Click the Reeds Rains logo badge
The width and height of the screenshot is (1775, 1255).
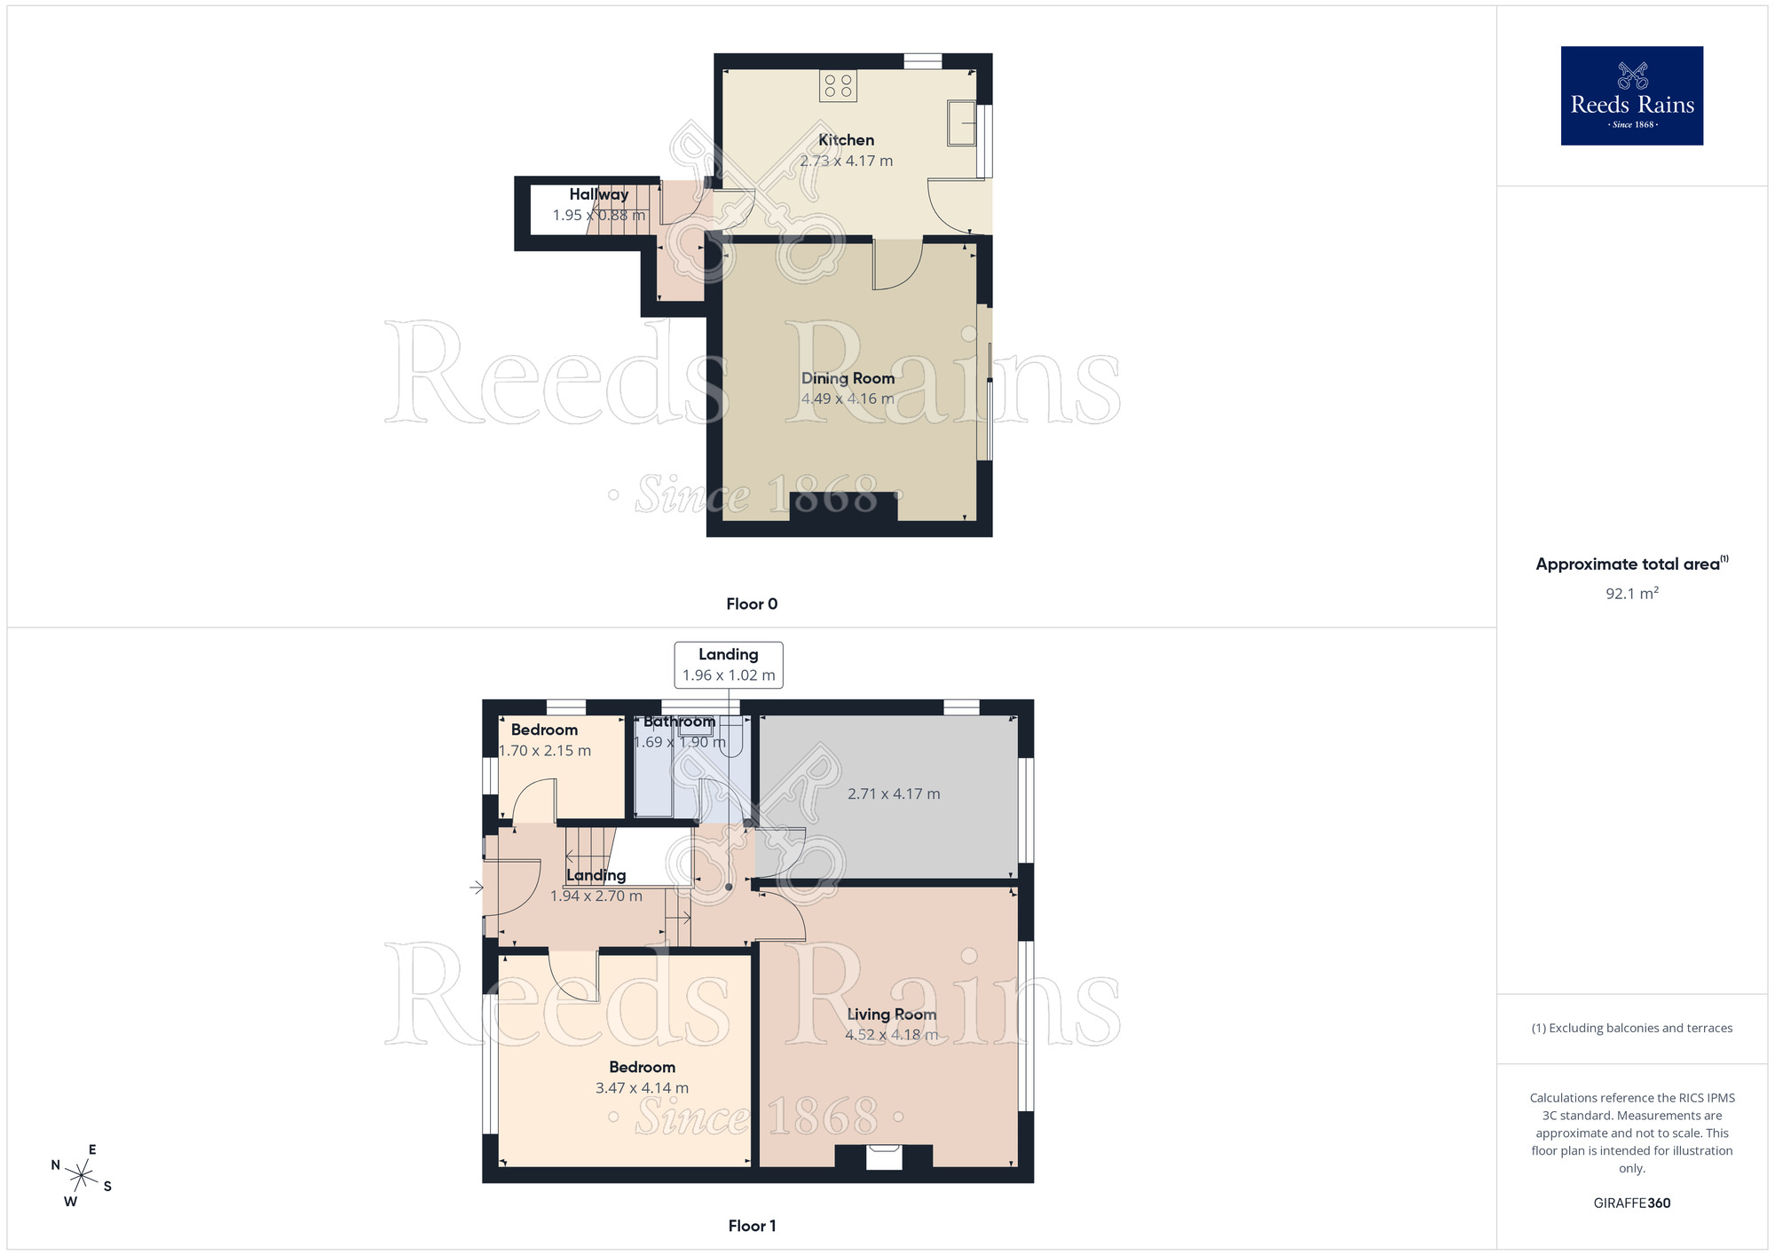pyautogui.click(x=1631, y=96)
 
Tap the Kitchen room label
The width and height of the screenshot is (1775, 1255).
pyautogui.click(x=846, y=140)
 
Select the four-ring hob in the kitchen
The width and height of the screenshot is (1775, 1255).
pyautogui.click(x=838, y=85)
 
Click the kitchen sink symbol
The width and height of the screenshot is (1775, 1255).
pyautogui.click(x=961, y=122)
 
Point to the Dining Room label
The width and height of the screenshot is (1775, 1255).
pyautogui.click(x=848, y=378)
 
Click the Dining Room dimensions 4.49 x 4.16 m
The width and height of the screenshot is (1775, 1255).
pyautogui.click(x=848, y=399)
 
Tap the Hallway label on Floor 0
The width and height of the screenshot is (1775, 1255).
pyautogui.click(x=599, y=194)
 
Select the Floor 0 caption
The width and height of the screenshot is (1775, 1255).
pyautogui.click(x=752, y=604)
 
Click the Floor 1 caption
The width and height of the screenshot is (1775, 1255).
pyautogui.click(x=752, y=1226)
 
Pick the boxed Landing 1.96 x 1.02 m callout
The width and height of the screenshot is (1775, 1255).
pyautogui.click(x=729, y=665)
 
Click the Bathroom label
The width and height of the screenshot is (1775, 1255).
pyautogui.click(x=679, y=722)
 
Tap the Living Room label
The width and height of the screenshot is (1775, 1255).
pyautogui.click(x=891, y=1014)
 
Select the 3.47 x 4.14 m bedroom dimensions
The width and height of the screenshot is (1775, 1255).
pyautogui.click(x=642, y=1088)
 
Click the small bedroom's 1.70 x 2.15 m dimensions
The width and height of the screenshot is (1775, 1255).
pyautogui.click(x=545, y=751)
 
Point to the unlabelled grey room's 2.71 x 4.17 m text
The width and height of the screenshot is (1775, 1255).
pyautogui.click(x=894, y=793)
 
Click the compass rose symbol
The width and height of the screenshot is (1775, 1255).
pyautogui.click(x=82, y=1177)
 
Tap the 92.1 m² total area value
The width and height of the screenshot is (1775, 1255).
pyautogui.click(x=1631, y=594)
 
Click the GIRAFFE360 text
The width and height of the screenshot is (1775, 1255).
pyautogui.click(x=1631, y=1204)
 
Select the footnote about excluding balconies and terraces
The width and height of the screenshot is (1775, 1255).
pyautogui.click(x=1631, y=1028)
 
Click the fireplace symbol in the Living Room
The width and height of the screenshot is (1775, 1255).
pyautogui.click(x=884, y=1156)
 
